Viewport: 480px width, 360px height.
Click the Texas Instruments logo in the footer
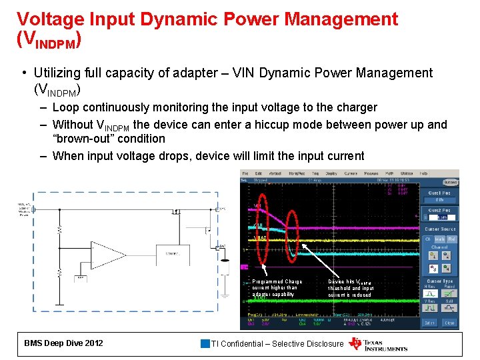pos(377,343)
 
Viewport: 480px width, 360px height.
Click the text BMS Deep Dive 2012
pos(63,343)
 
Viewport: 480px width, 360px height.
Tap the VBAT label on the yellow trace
pos(261,238)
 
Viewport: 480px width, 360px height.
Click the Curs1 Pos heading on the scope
pos(440,193)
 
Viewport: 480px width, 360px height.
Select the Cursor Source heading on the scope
pos(440,229)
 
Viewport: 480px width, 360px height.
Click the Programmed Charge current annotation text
pos(277,287)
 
